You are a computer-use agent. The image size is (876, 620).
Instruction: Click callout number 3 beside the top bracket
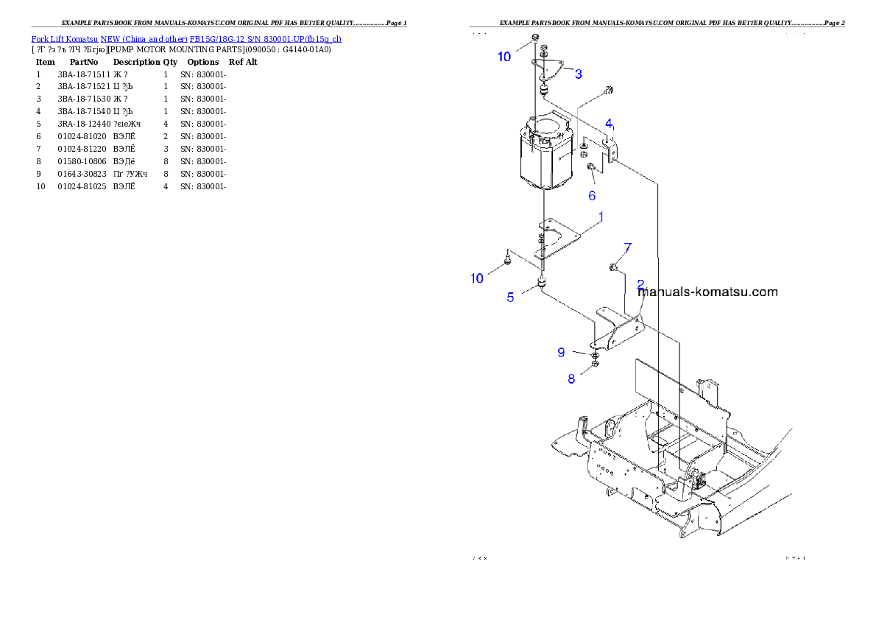click(x=579, y=74)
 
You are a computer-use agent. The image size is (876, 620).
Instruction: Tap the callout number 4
click(x=609, y=123)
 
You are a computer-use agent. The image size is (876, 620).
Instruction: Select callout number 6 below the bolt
click(x=592, y=196)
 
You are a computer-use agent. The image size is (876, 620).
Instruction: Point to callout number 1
click(x=601, y=217)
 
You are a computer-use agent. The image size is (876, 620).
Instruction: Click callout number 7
click(x=627, y=247)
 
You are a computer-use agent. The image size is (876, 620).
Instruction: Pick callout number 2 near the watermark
click(x=640, y=284)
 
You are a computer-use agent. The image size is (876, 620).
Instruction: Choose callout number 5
click(x=510, y=297)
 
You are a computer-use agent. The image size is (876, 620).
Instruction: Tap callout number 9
click(x=561, y=353)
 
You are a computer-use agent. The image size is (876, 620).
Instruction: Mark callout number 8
click(x=571, y=379)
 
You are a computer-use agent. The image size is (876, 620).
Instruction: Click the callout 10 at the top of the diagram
click(x=504, y=57)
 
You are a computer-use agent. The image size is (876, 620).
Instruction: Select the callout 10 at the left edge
click(x=477, y=278)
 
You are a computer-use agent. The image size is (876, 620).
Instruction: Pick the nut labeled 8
click(x=595, y=363)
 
